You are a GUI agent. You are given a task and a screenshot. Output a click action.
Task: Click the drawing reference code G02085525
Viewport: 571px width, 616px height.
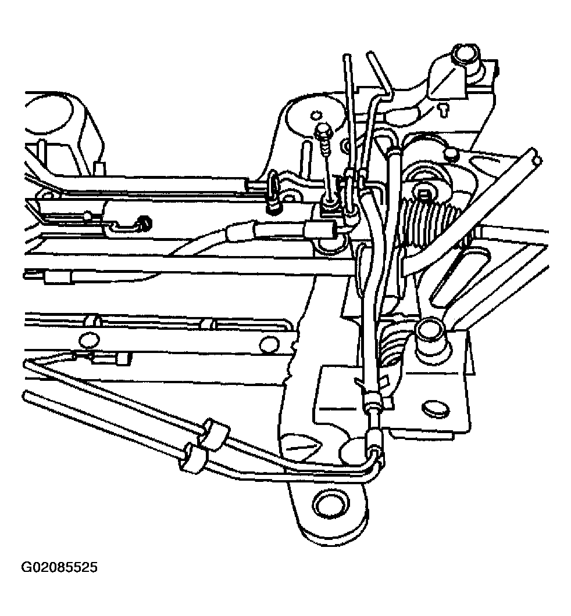(59, 567)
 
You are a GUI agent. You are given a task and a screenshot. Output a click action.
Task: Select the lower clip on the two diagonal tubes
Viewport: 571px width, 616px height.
(192, 458)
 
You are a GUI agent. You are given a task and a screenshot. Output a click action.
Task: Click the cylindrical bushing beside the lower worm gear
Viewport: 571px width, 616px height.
(431, 341)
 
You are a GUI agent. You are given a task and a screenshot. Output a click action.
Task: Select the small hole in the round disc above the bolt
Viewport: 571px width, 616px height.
(315, 116)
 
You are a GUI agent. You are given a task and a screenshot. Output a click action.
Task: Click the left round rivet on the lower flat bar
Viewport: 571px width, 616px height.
(88, 340)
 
